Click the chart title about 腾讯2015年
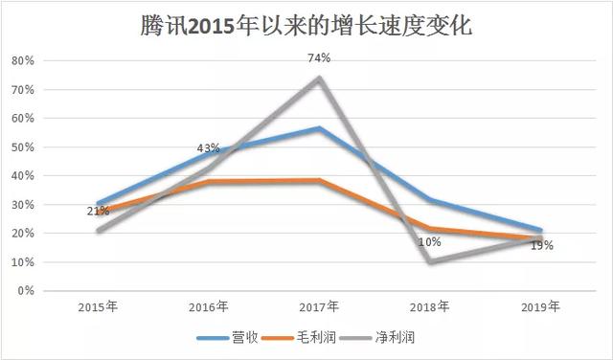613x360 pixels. (306, 25)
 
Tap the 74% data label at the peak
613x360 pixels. (319, 58)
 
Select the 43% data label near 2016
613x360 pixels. (208, 148)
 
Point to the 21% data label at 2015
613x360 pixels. (98, 211)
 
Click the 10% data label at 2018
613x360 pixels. (430, 242)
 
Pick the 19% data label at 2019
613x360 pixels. (542, 245)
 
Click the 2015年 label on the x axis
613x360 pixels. (98, 307)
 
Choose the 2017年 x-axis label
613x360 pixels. (320, 307)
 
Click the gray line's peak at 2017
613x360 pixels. (320, 78)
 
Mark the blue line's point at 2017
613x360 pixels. (320, 128)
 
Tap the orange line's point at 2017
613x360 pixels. (320, 180)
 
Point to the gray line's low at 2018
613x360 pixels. (431, 261)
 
